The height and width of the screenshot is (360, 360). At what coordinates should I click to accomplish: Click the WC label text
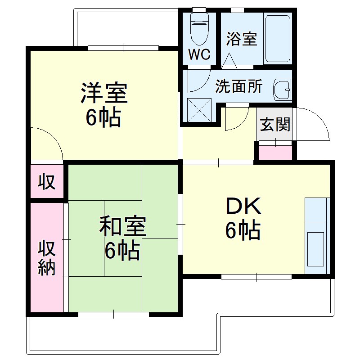199,54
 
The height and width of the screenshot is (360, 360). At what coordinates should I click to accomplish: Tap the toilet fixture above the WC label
198,28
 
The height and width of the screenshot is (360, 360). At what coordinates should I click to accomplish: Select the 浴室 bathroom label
242,39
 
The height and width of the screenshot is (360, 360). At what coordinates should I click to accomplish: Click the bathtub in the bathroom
278,39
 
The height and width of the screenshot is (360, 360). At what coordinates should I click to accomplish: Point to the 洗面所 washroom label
238,86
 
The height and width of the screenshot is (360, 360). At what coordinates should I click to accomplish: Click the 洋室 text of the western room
104,93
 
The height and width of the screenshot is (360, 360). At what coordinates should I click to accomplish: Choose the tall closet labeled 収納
46,257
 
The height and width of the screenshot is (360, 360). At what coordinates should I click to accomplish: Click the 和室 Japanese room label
122,227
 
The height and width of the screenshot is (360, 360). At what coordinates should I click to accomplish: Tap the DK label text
243,207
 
